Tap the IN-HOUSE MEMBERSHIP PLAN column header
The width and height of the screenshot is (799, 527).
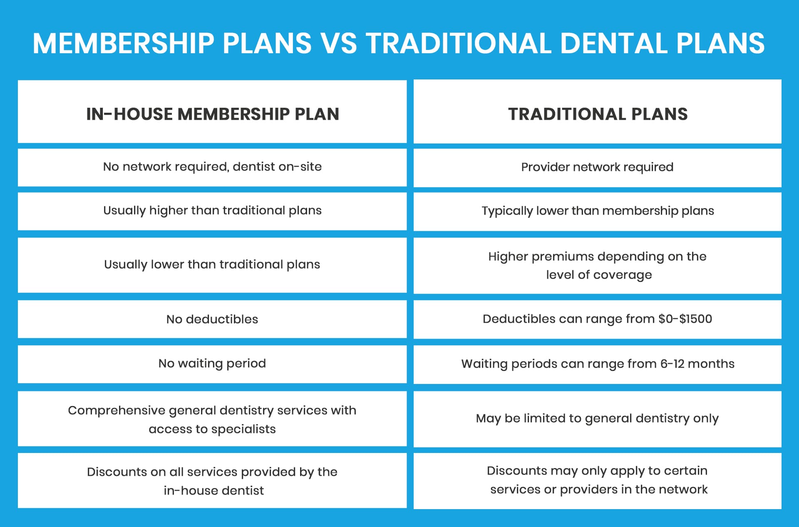(212, 114)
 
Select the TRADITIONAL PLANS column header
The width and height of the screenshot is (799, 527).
(598, 114)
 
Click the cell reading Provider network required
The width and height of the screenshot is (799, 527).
(597, 167)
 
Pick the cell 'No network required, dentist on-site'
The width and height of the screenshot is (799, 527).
(212, 167)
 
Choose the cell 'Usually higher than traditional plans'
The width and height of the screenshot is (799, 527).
(212, 210)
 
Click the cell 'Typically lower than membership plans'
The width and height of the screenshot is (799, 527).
(598, 211)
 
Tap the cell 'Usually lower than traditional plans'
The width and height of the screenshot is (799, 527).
(212, 265)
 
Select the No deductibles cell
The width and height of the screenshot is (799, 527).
(212, 319)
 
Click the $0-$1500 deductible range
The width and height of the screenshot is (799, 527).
(685, 319)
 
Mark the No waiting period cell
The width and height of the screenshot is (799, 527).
(212, 364)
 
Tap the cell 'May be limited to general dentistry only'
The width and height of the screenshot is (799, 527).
(597, 418)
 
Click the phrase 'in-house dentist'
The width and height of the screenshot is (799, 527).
(213, 491)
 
